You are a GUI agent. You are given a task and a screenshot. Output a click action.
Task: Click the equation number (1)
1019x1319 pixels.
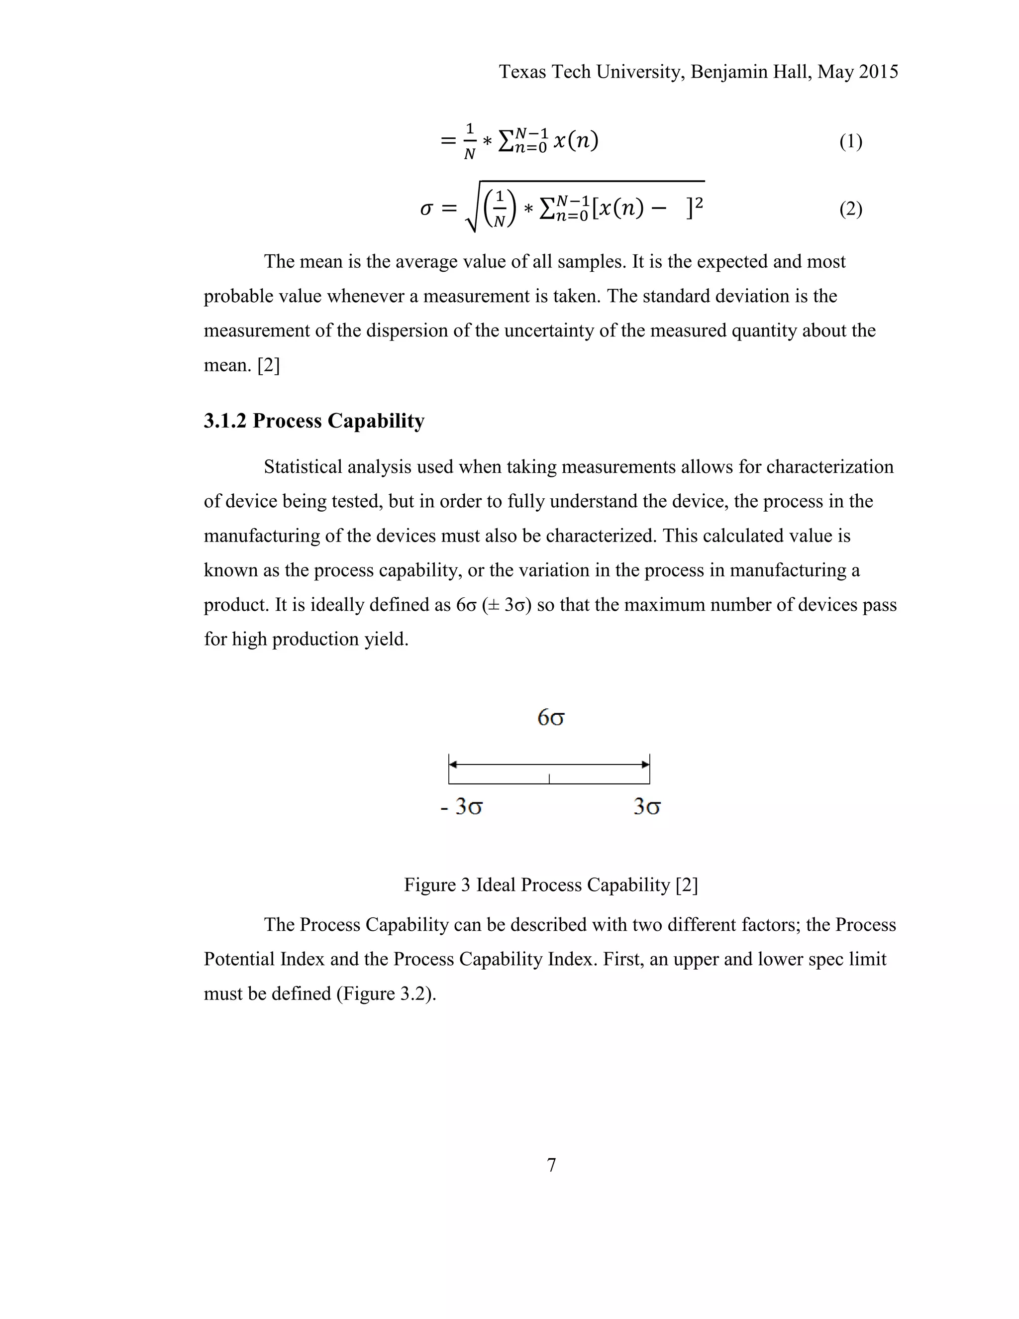[x=850, y=142]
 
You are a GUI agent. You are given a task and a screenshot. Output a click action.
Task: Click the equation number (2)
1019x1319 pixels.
[x=850, y=210]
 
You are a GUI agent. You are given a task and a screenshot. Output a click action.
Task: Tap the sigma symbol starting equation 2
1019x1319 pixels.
[x=426, y=210]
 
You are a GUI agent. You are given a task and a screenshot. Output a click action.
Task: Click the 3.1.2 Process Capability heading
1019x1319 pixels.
[x=314, y=421]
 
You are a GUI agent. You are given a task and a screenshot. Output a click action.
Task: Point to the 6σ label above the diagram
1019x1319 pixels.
[x=551, y=718]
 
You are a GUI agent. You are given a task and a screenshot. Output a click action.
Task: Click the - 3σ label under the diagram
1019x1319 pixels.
[x=462, y=807]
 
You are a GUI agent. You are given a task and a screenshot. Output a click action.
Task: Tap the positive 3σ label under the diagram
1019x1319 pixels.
[x=646, y=807]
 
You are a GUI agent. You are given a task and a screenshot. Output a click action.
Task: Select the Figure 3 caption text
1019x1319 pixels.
[x=551, y=885]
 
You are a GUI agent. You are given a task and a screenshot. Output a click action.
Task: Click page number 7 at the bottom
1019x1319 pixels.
[x=551, y=1165]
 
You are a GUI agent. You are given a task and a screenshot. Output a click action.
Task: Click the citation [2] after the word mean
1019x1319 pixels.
[x=268, y=365]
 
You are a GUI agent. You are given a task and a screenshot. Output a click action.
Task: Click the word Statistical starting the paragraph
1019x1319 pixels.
[x=306, y=467]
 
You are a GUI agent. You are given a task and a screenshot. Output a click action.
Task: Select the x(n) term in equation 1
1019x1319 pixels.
[x=575, y=141]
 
